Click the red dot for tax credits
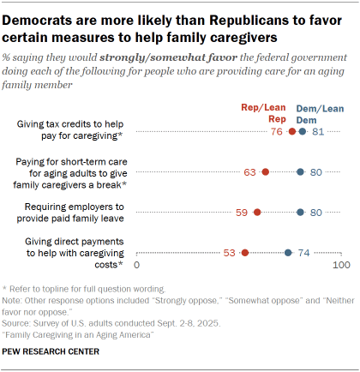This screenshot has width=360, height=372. click(x=292, y=132)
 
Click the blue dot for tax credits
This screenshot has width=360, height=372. click(x=303, y=132)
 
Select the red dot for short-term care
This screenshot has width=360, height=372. click(x=266, y=172)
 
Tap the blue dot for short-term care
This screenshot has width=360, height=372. click(x=300, y=172)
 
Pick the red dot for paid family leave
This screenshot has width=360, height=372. click(x=257, y=212)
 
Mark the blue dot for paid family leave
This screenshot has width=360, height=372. click(x=300, y=212)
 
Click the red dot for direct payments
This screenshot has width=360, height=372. click(x=245, y=252)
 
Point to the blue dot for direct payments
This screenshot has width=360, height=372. click(x=288, y=252)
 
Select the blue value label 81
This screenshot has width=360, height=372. click(x=317, y=132)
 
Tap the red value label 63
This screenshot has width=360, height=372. click(x=250, y=172)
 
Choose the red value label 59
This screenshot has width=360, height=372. click(x=243, y=212)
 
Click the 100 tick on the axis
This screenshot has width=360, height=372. click(x=341, y=267)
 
